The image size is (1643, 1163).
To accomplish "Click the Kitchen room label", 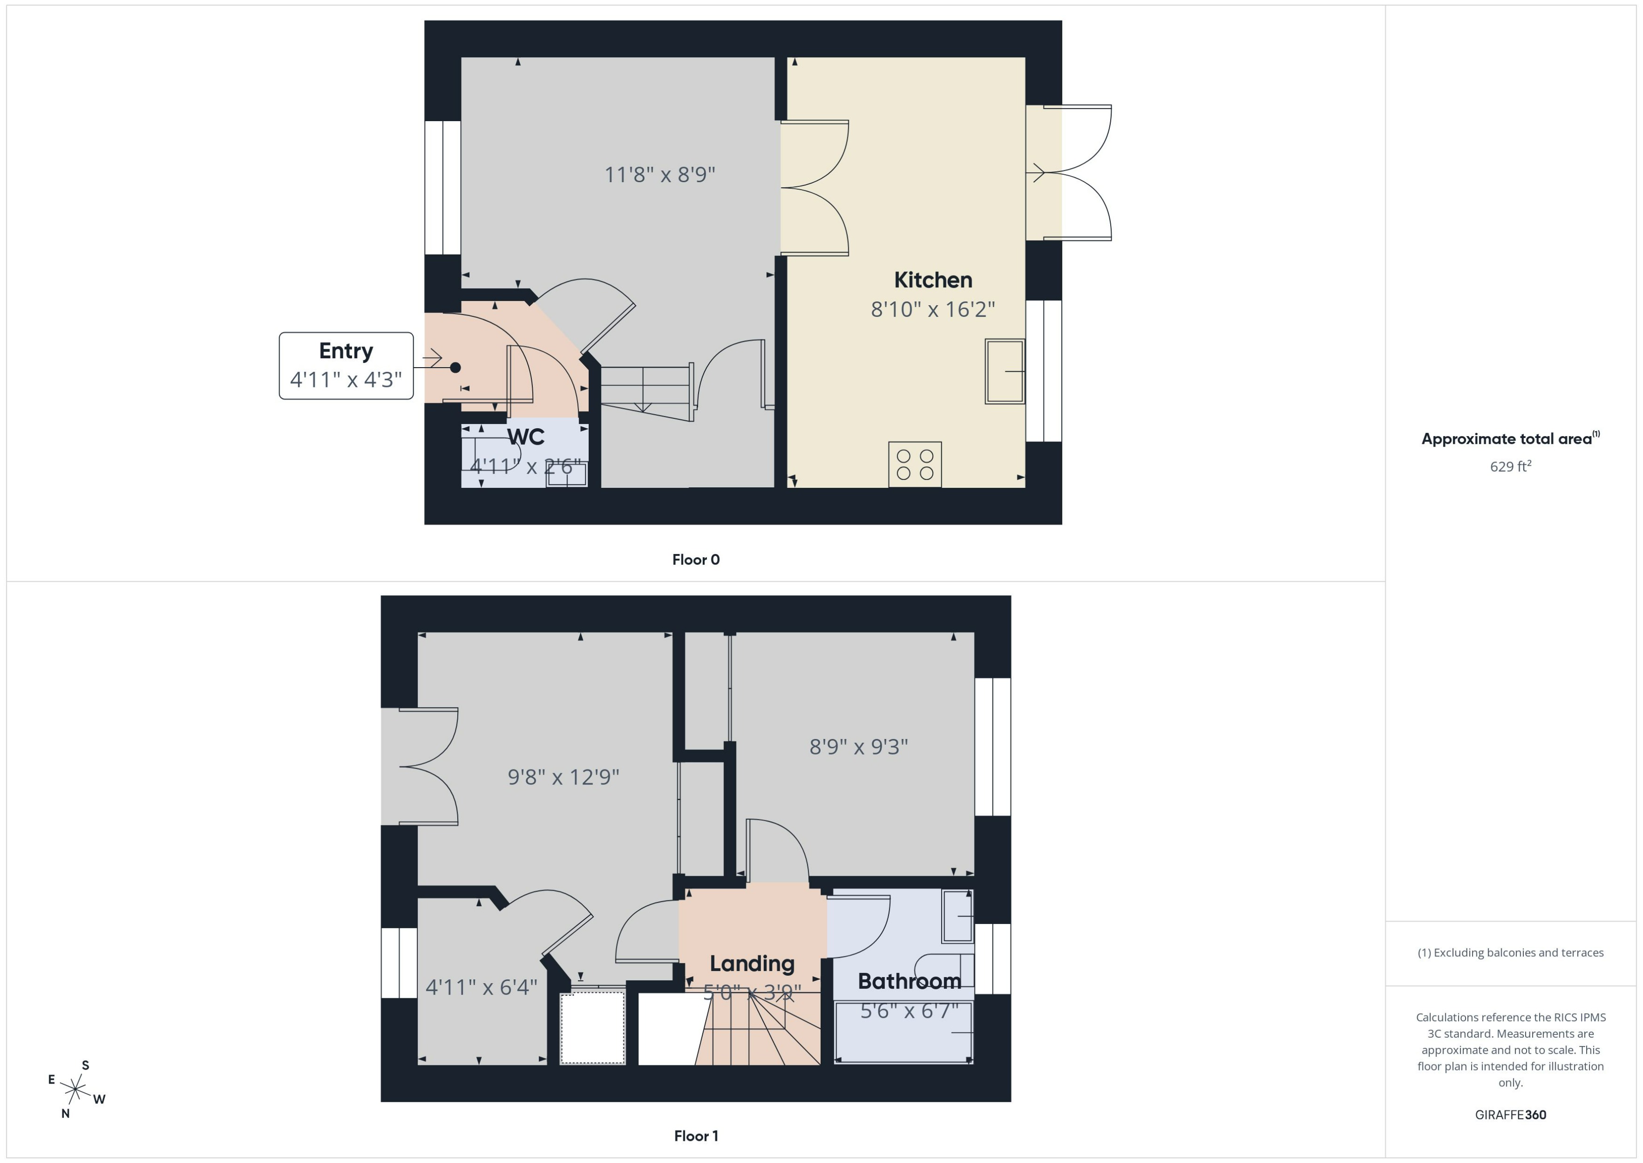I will coord(932,280).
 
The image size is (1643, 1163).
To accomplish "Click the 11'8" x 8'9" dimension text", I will coord(660,175).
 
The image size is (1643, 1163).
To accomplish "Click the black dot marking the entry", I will coord(455,367).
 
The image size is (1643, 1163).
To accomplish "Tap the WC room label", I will coord(525,437).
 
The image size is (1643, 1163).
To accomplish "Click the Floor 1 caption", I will coord(695,1136).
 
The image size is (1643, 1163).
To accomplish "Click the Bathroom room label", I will coord(909,981).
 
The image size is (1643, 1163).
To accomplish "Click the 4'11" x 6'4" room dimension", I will coord(481,987).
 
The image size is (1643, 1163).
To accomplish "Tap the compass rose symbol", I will coord(75,1090).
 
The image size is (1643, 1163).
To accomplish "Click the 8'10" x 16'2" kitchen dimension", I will coord(932,309).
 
